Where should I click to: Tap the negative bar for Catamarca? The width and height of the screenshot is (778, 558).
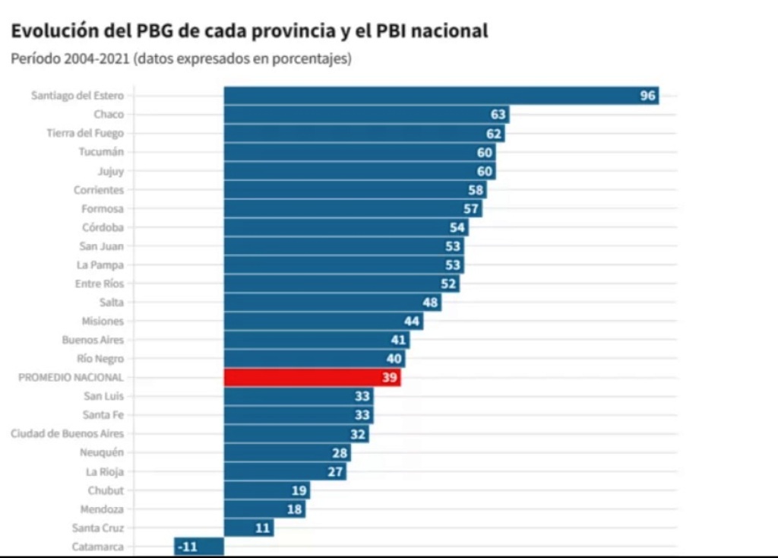[199, 547]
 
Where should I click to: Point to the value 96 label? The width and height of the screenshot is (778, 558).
[647, 96]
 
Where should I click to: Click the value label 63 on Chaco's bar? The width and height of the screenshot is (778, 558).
[498, 115]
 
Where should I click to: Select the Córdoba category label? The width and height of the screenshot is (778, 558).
[103, 227]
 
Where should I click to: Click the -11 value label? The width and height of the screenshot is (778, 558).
[187, 547]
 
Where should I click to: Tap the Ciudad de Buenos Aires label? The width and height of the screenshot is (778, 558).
[67, 434]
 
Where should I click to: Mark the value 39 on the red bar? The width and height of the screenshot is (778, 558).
[390, 378]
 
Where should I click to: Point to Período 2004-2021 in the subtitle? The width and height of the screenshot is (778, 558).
[69, 59]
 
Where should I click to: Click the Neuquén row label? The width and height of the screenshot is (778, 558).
[101, 453]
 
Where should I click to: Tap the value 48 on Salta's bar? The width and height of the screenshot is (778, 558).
[430, 303]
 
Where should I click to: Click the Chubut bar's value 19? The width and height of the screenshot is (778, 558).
[299, 490]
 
